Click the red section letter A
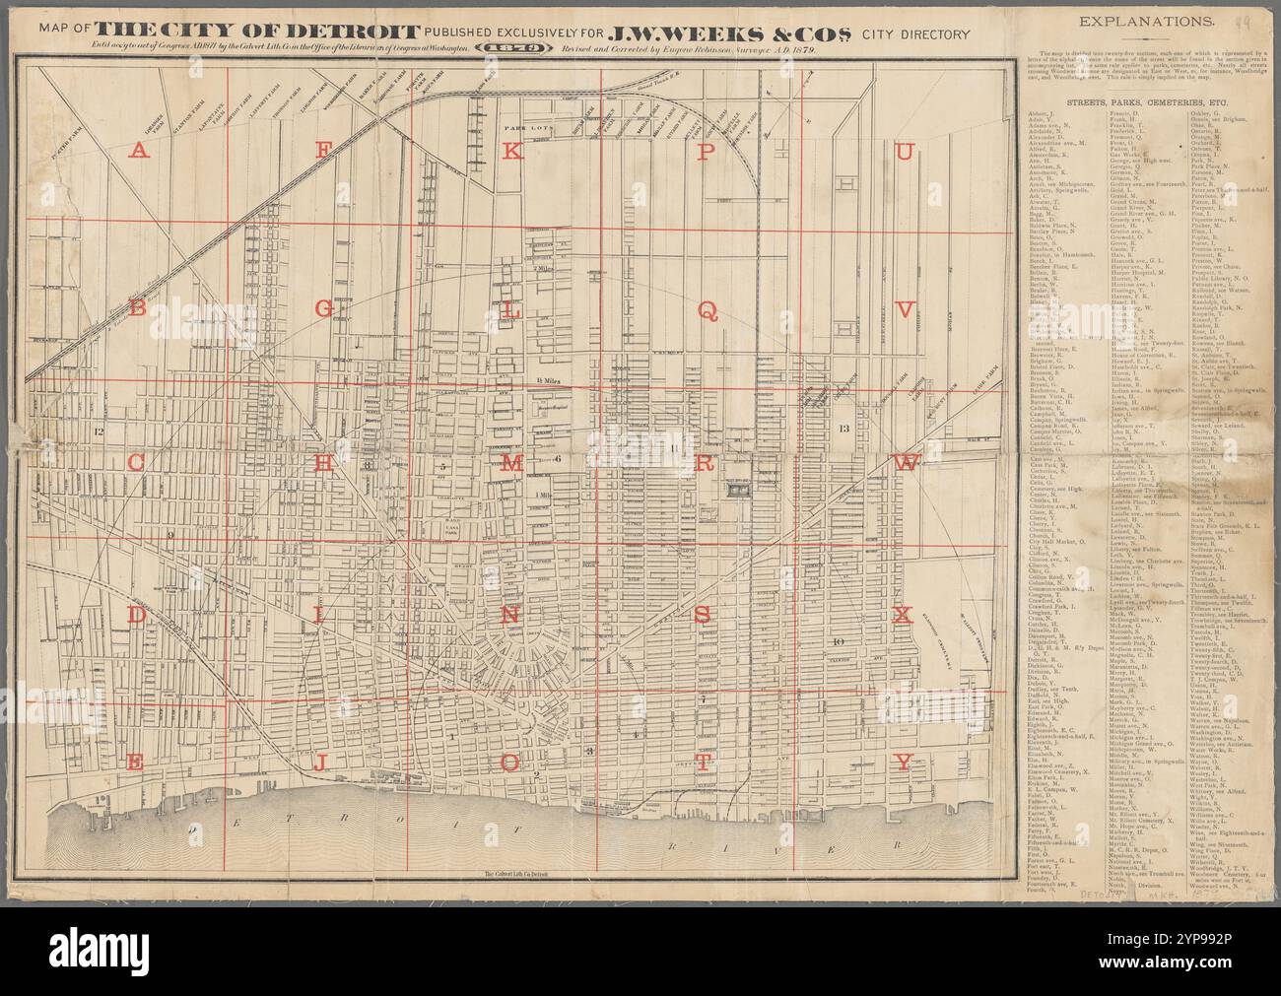pyautogui.click(x=139, y=151)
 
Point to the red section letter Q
pyautogui.click(x=706, y=308)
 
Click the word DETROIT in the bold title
pyautogui.click(x=351, y=36)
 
